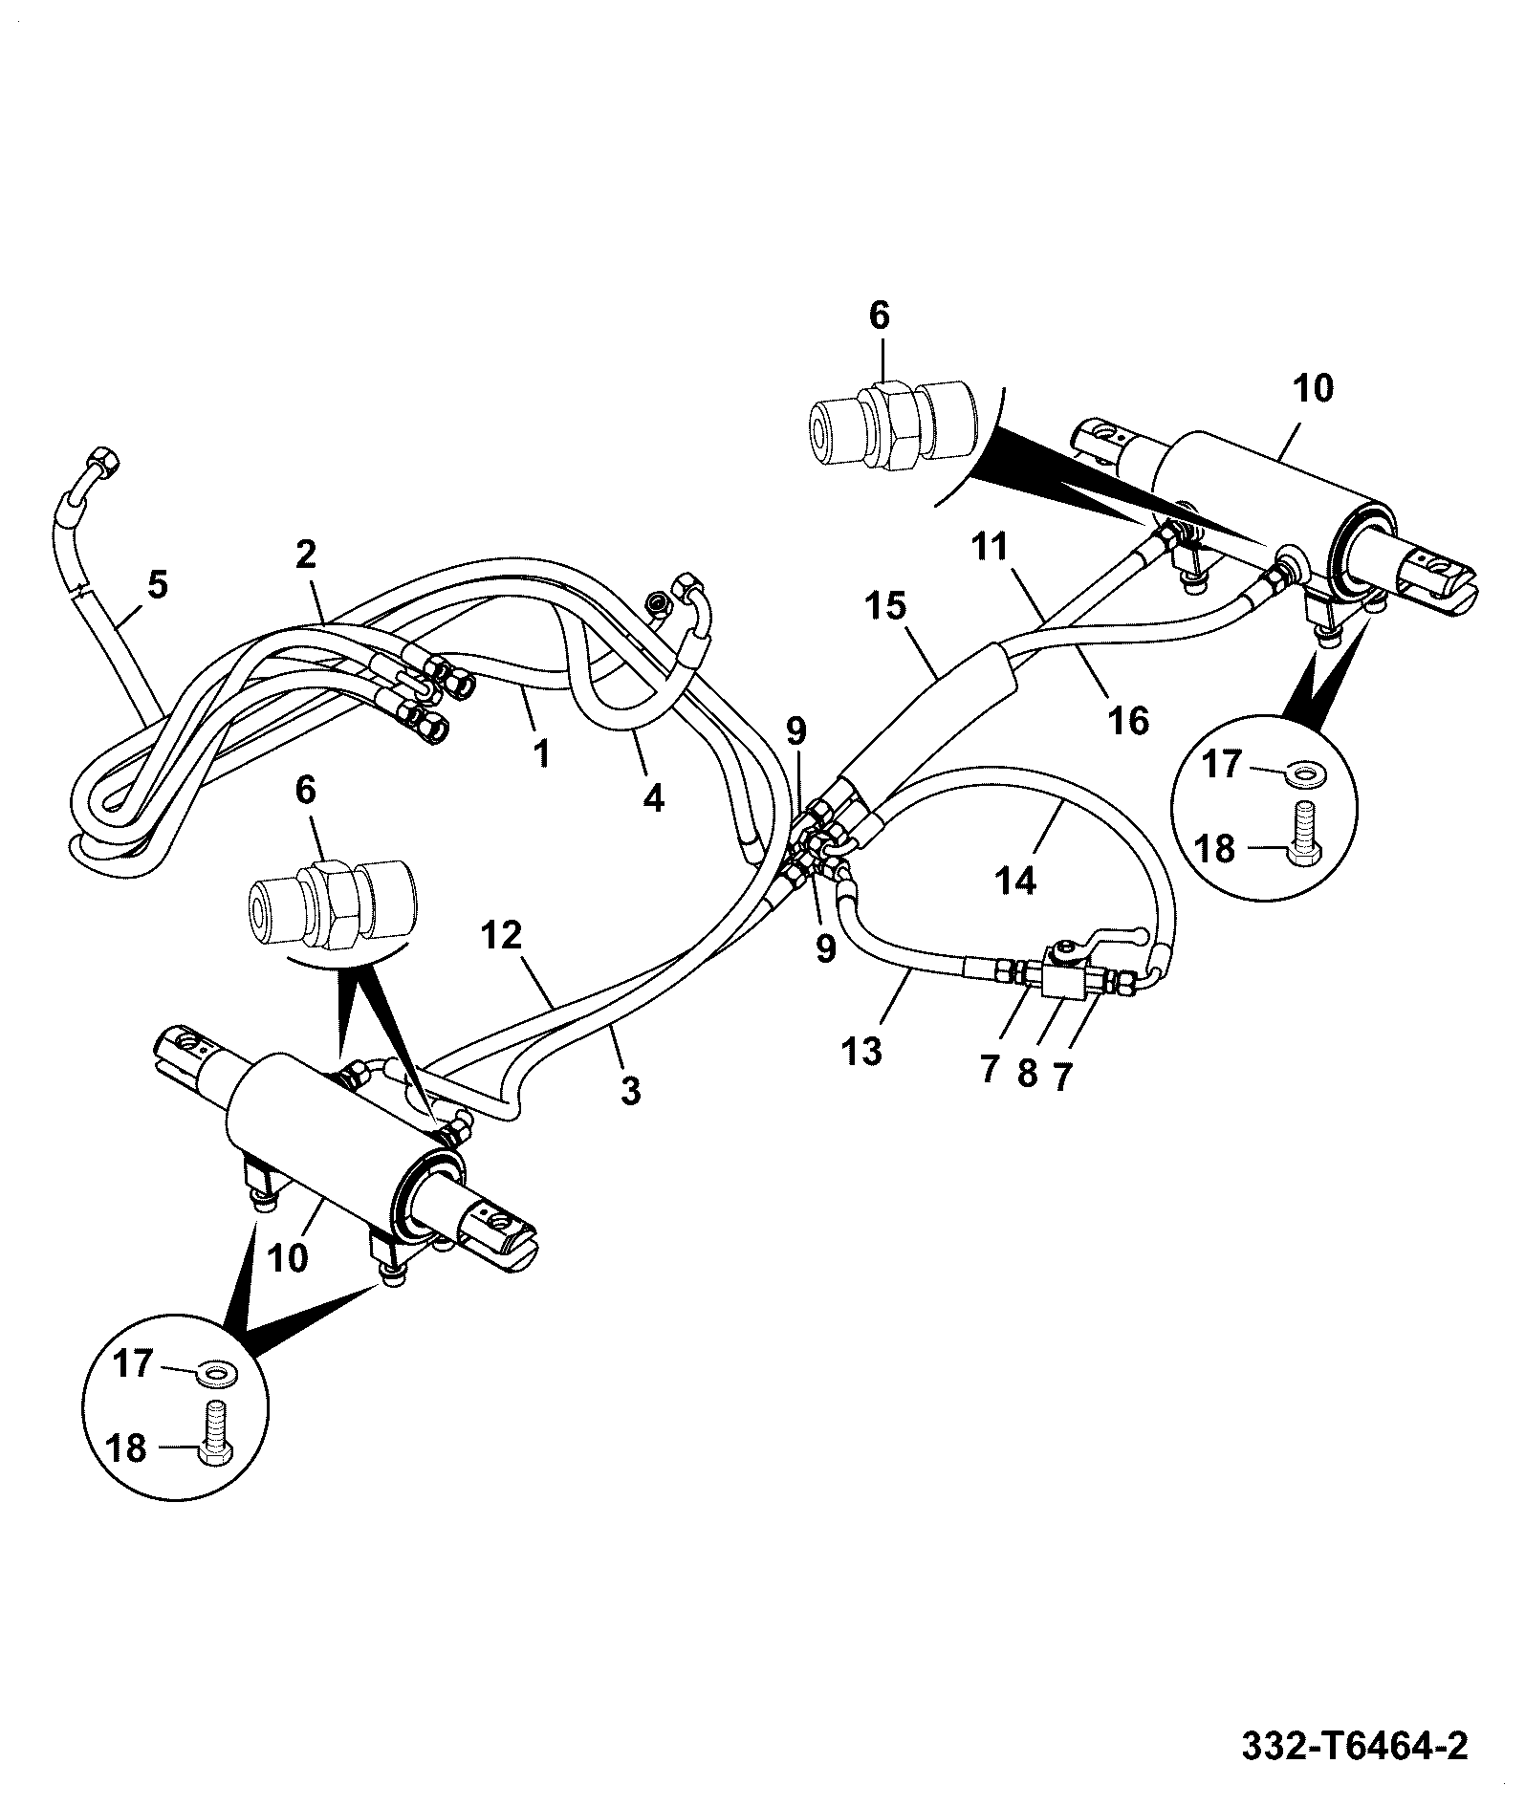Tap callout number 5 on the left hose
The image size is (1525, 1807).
pyautogui.click(x=157, y=584)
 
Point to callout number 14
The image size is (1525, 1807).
pyautogui.click(x=1015, y=880)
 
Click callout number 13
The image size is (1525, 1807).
pyautogui.click(x=861, y=1052)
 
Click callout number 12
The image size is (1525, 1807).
pyautogui.click(x=502, y=936)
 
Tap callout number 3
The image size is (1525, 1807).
pyautogui.click(x=630, y=1090)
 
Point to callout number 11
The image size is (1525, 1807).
pyautogui.click(x=991, y=547)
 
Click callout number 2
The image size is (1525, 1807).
pyautogui.click(x=305, y=554)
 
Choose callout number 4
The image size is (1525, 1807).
pyautogui.click(x=653, y=797)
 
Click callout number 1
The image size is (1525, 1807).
pyautogui.click(x=541, y=754)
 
